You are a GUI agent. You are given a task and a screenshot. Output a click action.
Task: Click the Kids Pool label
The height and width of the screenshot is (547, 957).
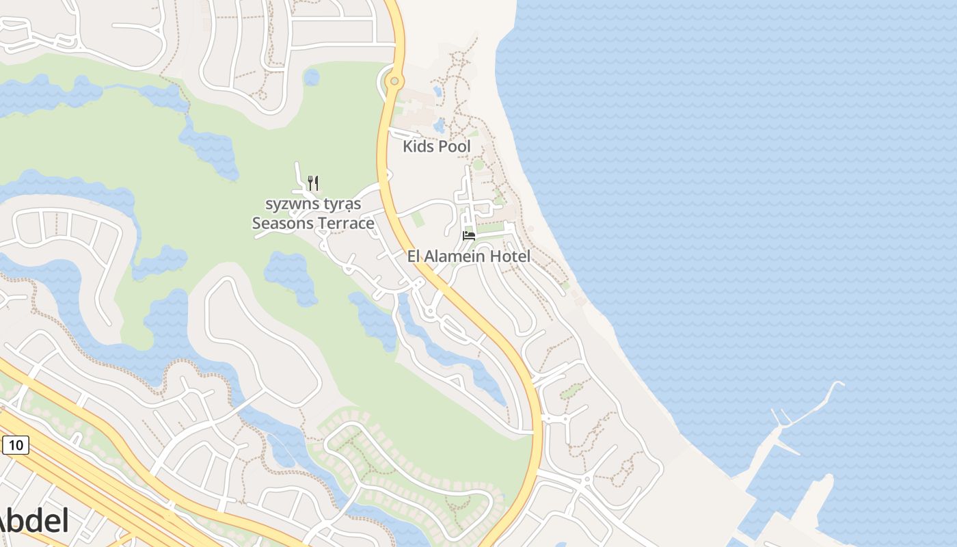436,146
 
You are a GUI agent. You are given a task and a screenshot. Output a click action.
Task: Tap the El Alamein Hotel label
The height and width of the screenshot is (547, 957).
468,256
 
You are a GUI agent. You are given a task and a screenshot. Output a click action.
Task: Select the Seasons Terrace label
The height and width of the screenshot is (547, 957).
313,223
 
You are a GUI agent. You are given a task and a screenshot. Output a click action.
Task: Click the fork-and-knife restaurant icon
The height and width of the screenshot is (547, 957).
313,183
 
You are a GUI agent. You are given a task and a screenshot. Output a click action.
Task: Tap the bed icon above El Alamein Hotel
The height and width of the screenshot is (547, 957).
469,235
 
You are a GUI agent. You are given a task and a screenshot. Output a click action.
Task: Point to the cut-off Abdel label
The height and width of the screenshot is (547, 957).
34,522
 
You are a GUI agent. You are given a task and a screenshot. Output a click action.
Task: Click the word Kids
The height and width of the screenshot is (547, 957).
418,146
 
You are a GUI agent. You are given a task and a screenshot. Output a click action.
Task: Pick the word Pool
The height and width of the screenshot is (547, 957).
454,146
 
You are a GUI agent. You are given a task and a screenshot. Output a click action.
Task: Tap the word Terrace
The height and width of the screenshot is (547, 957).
345,223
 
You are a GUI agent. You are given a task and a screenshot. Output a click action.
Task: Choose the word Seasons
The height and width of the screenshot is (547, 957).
282,223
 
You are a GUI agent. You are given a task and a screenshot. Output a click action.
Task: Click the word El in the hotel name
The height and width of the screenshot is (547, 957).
414,256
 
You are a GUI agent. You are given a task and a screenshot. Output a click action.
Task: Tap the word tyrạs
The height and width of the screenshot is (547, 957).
343,204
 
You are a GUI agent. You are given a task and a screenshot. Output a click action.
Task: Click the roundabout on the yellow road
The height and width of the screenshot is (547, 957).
394,81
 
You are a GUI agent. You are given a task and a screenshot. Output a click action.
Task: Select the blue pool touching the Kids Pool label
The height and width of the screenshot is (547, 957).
439,126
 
